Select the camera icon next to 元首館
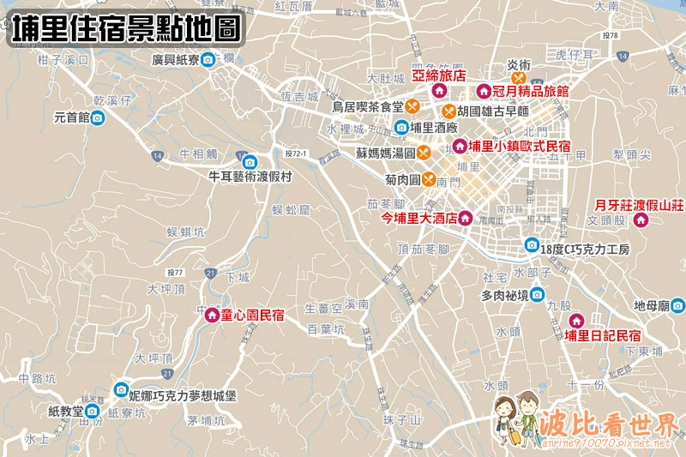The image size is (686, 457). coord(98,117)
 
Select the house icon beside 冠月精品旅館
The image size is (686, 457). coord(484,90)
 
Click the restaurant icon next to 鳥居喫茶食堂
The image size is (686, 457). coord(412,107)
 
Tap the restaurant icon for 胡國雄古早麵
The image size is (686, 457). coord(448,111)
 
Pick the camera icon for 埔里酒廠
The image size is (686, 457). coord(400,128)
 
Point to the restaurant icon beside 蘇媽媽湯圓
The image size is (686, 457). coord(424,153)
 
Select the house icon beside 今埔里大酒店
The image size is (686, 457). coord(466,218)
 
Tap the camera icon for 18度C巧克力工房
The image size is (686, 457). coord(532,246)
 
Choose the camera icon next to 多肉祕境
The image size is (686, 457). coord(537,295)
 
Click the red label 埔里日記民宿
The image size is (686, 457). coord(603,334)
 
